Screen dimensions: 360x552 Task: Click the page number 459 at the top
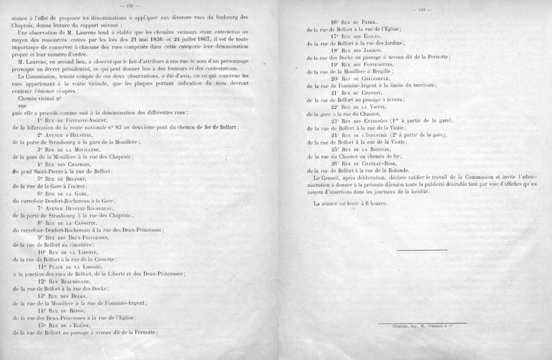129,6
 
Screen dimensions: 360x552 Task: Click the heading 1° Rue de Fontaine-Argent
73,120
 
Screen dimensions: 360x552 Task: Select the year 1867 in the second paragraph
199,39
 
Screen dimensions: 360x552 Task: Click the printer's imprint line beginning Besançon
422,326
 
